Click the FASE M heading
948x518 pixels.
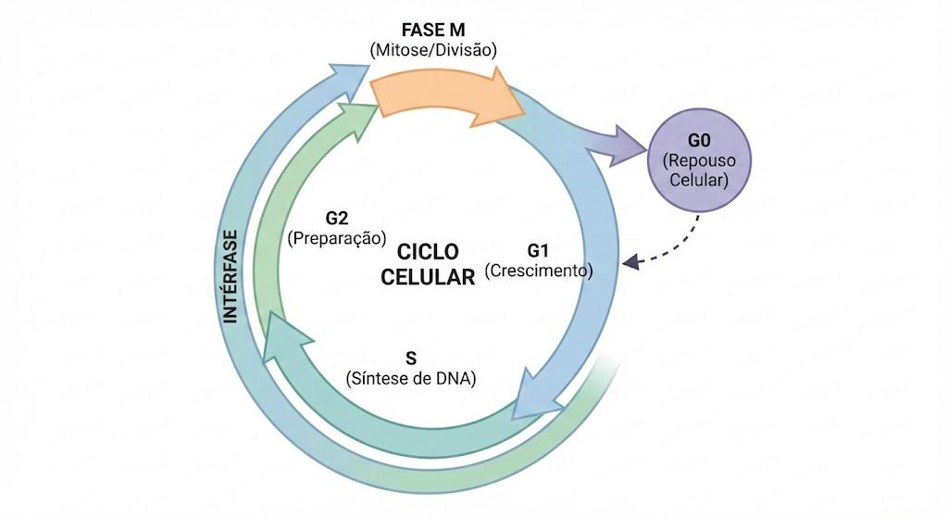click(433, 30)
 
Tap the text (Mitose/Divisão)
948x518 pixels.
click(433, 50)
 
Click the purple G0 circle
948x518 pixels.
click(700, 159)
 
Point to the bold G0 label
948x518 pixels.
click(699, 141)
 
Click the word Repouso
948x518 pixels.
click(700, 160)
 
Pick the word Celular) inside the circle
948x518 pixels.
click(700, 180)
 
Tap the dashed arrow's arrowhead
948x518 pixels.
click(630, 261)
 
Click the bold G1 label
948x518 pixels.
click(538, 250)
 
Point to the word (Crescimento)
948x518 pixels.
click(539, 271)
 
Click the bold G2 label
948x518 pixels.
click(337, 218)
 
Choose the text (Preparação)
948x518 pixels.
click(337, 238)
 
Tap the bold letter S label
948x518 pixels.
click(411, 359)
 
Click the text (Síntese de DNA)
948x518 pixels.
click(411, 378)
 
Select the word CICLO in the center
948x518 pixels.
click(428, 252)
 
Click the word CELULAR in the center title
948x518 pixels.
click(428, 277)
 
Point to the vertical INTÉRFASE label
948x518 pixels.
click(231, 276)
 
